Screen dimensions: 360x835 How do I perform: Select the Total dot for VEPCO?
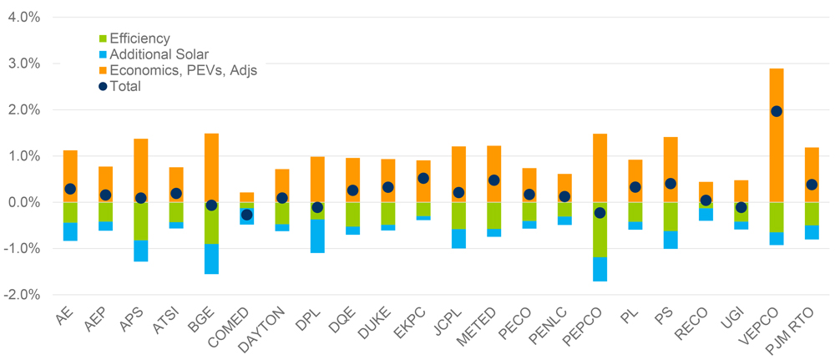click(776, 111)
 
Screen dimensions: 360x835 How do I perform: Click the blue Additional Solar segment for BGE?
click(211, 259)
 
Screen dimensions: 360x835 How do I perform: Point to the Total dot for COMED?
click(246, 215)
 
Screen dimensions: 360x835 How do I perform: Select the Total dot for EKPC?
click(423, 178)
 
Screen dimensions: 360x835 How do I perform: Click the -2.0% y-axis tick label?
click(22, 295)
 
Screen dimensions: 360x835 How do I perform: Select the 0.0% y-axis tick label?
click(23, 202)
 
